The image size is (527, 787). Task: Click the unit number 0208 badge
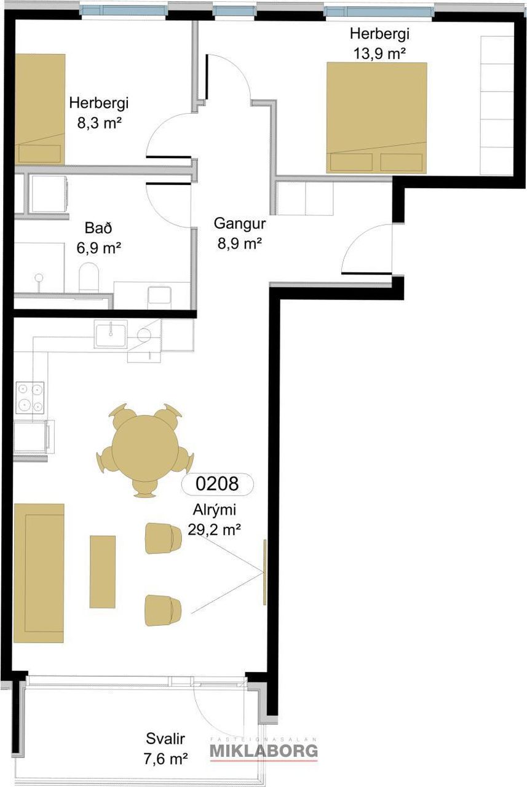(x=217, y=484)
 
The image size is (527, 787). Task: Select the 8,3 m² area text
(x=99, y=123)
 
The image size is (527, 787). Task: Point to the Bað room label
(x=98, y=228)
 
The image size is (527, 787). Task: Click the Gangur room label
(x=240, y=223)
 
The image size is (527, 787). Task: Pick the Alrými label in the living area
(x=215, y=510)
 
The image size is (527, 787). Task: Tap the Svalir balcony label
(x=165, y=739)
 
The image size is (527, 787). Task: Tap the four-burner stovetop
(x=30, y=397)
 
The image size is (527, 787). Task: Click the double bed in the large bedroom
(x=376, y=117)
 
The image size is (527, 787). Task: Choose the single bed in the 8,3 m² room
(x=40, y=109)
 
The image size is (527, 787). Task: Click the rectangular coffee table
(x=102, y=572)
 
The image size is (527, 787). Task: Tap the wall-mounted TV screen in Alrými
(x=265, y=572)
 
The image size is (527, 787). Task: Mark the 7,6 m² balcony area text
(x=165, y=759)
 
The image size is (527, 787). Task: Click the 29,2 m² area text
(x=215, y=529)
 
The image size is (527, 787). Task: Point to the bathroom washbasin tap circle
(x=39, y=277)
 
